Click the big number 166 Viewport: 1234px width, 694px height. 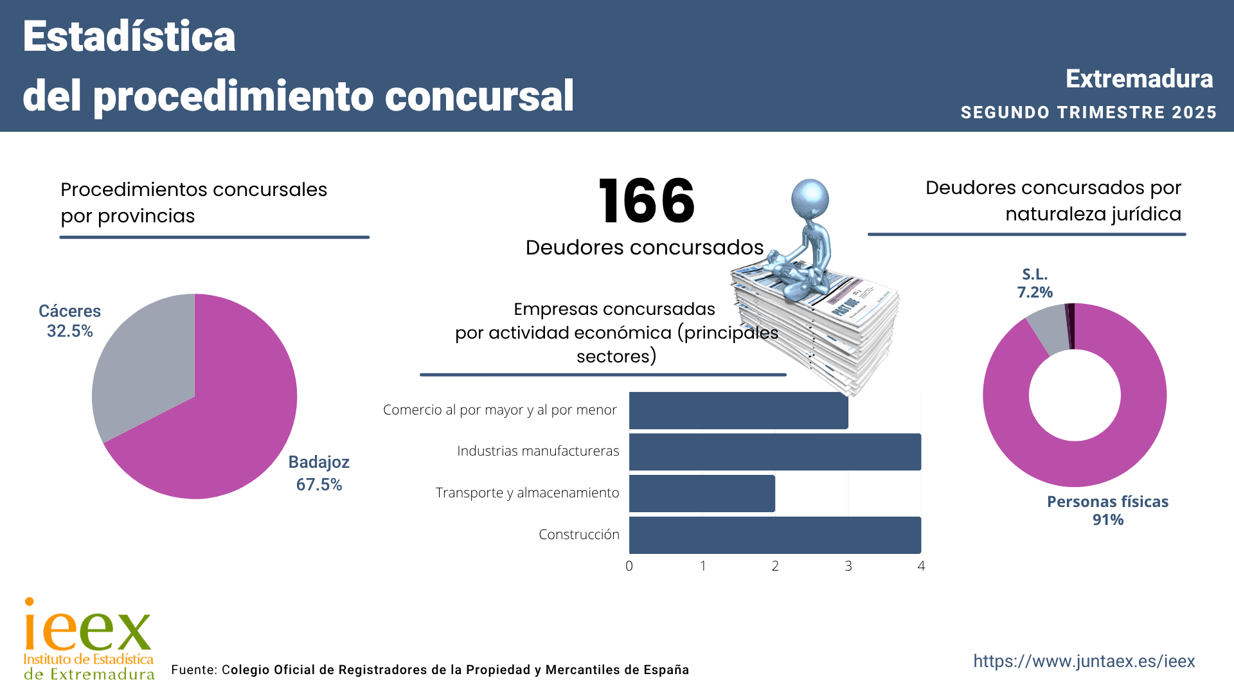[x=646, y=202]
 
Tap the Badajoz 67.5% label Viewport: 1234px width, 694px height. [x=319, y=473]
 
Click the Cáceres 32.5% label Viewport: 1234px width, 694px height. [x=69, y=321]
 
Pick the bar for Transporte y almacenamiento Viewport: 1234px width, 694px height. [x=702, y=494]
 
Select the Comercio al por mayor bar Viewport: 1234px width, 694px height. [x=738, y=411]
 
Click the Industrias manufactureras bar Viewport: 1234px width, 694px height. [x=774, y=452]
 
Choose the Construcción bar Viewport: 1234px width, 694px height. [x=774, y=535]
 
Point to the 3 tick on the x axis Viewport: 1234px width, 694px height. [x=848, y=566]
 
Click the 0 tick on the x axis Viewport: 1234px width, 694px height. [x=629, y=566]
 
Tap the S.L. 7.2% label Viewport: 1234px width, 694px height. [x=1035, y=283]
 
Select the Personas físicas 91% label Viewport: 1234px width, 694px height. [x=1107, y=511]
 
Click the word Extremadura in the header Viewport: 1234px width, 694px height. [x=1139, y=79]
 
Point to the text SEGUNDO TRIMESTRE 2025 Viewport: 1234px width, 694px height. [x=1088, y=112]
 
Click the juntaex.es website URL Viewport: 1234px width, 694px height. [x=1084, y=661]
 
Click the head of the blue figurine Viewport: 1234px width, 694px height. [x=810, y=198]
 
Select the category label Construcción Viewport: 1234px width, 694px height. [x=578, y=535]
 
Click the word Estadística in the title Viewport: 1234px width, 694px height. [x=129, y=37]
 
